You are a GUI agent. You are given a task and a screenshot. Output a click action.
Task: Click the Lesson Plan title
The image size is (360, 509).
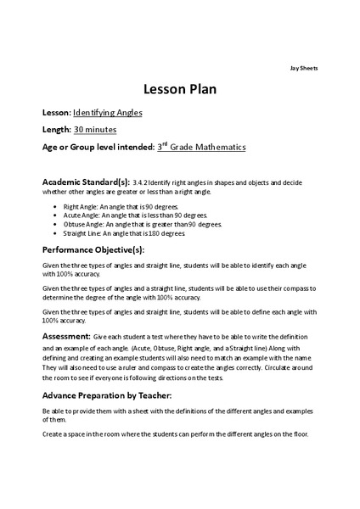(180, 90)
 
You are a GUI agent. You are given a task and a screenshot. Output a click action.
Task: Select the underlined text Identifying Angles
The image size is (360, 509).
(108, 112)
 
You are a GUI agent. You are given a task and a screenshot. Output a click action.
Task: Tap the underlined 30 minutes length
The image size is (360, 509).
(95, 129)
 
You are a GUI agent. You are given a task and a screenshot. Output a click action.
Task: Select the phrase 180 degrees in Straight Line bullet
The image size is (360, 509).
(174, 233)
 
